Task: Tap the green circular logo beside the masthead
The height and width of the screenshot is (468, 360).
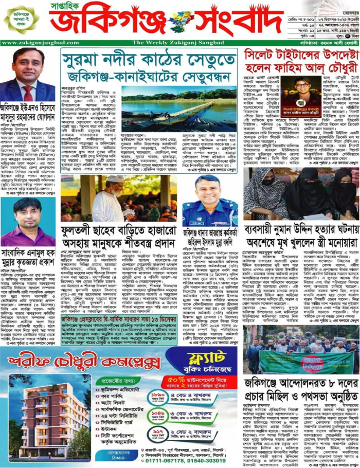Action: point(22,19)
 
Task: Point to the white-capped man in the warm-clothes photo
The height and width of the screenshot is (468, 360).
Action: point(118,195)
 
